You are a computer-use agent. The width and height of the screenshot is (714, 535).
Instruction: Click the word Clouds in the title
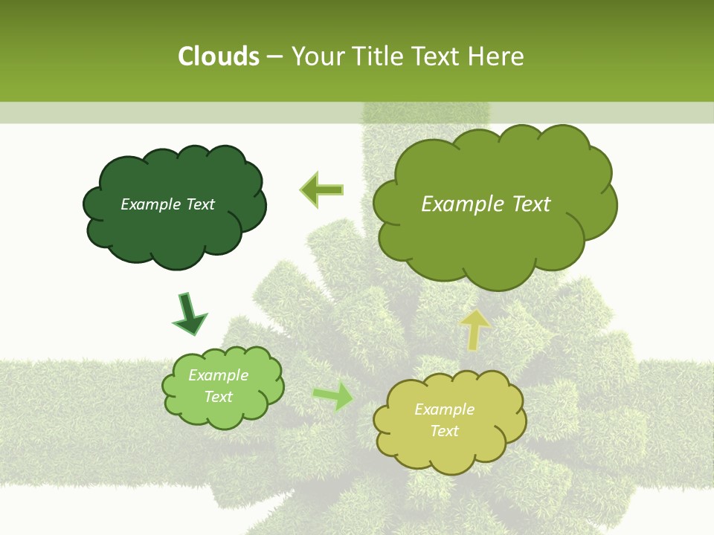click(218, 56)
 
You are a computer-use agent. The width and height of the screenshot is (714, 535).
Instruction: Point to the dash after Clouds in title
click(274, 57)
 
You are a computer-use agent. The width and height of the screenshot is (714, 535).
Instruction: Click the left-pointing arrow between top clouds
click(322, 189)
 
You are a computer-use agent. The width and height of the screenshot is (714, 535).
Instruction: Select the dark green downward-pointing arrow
click(189, 314)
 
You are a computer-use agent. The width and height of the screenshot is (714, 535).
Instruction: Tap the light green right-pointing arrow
click(332, 396)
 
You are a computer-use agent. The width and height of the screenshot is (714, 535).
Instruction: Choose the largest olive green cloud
click(491, 238)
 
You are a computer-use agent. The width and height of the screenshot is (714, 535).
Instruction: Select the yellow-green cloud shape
click(449, 446)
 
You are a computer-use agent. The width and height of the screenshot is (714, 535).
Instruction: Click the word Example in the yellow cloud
click(444, 409)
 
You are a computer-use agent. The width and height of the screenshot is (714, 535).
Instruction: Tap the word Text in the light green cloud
click(218, 397)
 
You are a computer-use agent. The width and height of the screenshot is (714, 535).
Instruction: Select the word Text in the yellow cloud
click(444, 431)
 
